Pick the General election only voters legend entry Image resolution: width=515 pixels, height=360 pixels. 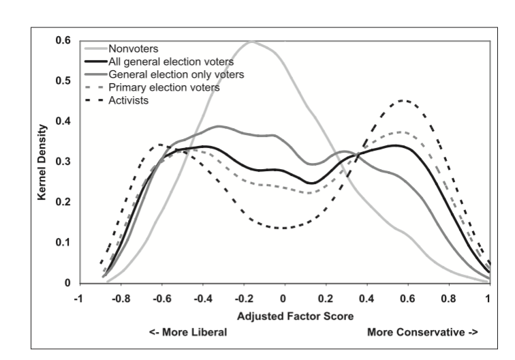[x=171, y=74]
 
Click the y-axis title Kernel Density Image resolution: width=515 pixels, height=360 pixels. [x=43, y=162]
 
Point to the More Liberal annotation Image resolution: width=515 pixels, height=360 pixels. [x=187, y=333]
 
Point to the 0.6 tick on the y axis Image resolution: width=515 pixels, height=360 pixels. [x=62, y=41]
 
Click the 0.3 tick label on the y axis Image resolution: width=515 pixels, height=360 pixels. [x=62, y=162]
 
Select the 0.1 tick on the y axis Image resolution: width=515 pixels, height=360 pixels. [x=62, y=242]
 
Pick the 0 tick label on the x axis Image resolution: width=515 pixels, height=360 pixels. [x=283, y=298]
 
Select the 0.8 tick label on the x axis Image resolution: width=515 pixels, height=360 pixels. [x=448, y=298]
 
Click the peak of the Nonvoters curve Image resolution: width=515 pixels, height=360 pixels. [x=251, y=42]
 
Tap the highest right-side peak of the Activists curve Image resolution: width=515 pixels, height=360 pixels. [x=405, y=101]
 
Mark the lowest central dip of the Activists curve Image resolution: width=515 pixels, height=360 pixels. [x=281, y=228]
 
